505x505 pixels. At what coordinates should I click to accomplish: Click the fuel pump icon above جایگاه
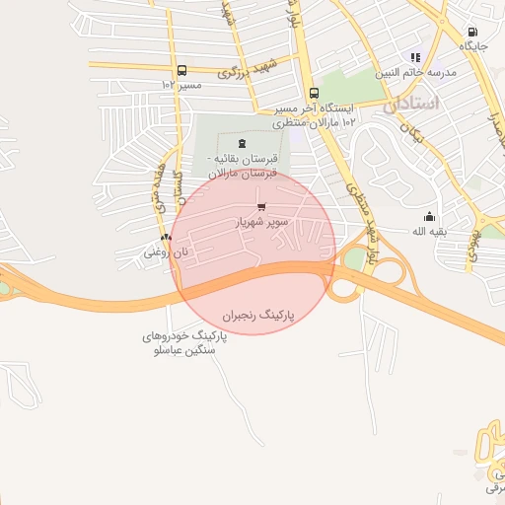[471, 32]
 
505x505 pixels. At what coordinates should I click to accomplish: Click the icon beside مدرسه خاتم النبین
[415, 57]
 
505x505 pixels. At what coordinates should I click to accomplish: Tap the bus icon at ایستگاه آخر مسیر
[313, 92]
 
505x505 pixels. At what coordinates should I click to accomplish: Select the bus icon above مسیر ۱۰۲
[180, 70]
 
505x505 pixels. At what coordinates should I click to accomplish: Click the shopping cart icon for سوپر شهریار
[261, 206]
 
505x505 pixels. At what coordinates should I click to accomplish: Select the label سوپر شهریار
[261, 222]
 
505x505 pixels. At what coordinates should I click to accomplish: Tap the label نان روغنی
[165, 252]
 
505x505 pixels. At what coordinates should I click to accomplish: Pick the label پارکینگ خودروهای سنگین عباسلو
[183, 344]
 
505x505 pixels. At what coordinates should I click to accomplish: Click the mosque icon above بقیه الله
[429, 216]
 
